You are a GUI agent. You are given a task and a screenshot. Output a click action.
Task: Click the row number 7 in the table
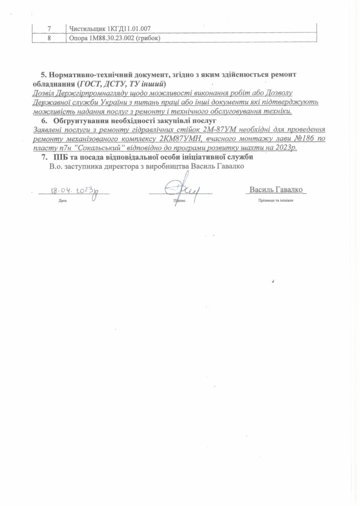pos(48,29)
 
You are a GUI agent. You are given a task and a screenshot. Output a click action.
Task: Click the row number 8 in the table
pos(48,38)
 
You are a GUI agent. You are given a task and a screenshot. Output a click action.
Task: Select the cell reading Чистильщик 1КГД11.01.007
pos(110,29)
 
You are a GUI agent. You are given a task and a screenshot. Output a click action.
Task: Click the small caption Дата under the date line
pos(62,201)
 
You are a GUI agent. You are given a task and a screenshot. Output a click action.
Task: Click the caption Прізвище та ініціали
pos(276,201)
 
